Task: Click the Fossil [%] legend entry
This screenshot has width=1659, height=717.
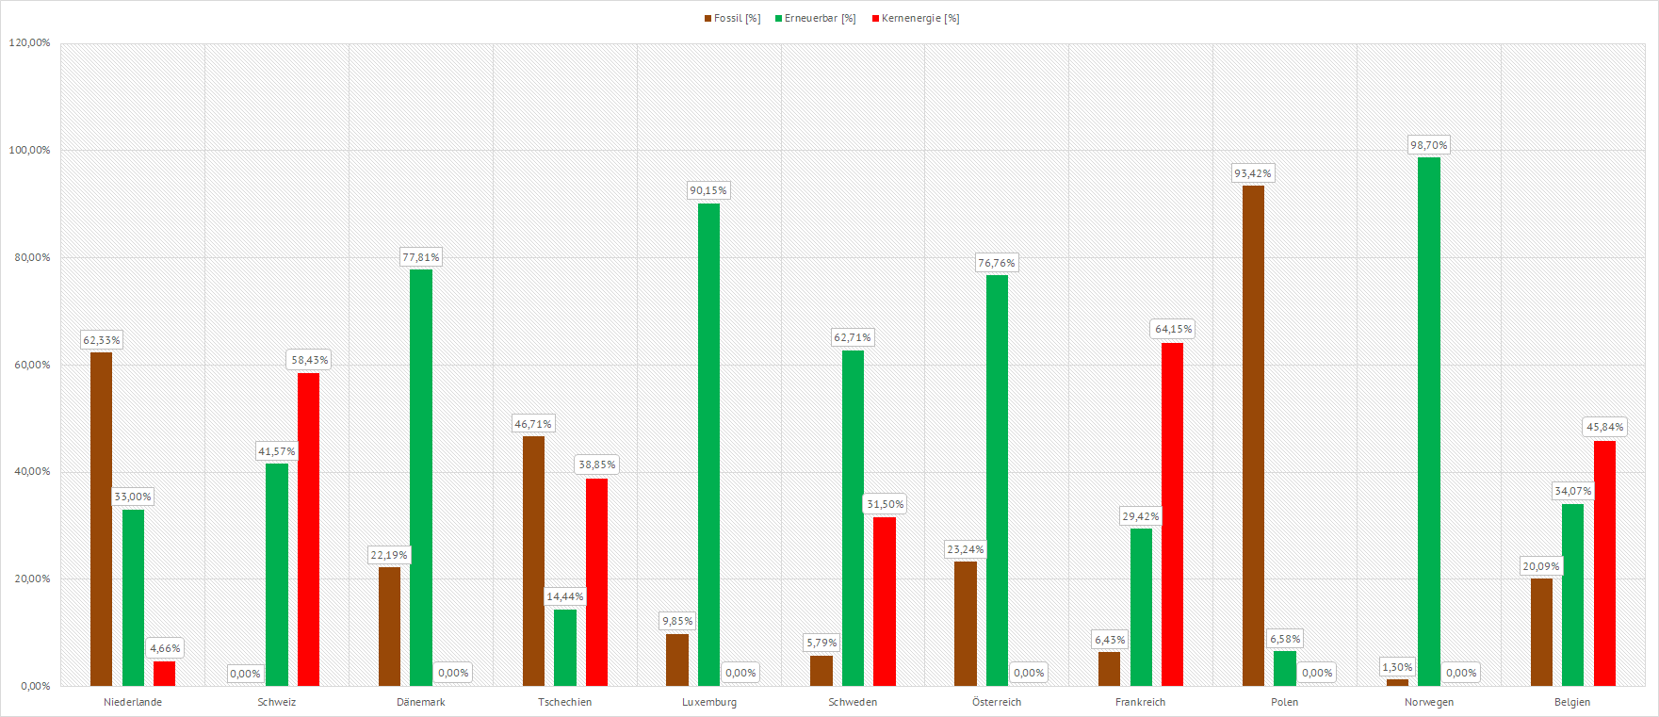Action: tap(732, 19)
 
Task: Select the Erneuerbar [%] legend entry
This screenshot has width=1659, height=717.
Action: tap(815, 19)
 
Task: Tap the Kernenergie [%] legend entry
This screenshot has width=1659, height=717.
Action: tap(915, 19)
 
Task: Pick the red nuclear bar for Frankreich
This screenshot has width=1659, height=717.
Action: tap(1172, 514)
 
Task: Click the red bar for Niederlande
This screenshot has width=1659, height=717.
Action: tap(165, 674)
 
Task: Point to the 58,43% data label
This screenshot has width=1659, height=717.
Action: tap(310, 360)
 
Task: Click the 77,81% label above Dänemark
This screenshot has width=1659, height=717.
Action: tap(421, 257)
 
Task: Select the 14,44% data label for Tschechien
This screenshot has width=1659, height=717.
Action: tap(565, 596)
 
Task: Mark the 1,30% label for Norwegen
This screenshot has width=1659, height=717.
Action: tap(1397, 667)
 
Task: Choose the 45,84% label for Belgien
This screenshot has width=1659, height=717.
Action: tap(1604, 427)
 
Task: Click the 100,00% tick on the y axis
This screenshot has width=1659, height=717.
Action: tap(29, 150)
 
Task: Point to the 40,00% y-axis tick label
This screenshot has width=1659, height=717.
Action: tap(32, 471)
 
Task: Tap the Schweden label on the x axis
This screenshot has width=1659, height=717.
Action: tap(853, 702)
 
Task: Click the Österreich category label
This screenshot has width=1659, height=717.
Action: tap(997, 702)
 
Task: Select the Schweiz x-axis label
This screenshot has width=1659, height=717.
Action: tap(277, 702)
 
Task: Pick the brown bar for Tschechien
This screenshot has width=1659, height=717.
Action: tap(533, 561)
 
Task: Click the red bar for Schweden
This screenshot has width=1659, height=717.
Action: tap(885, 601)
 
